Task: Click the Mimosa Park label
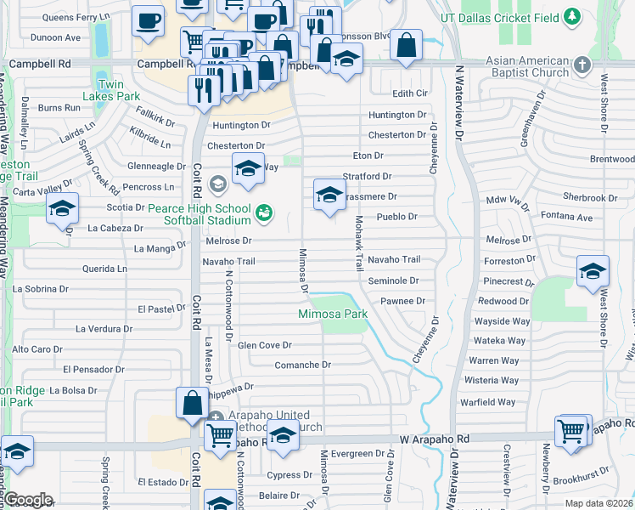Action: point(333,314)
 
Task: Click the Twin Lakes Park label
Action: point(118,90)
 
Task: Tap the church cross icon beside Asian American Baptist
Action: point(582,65)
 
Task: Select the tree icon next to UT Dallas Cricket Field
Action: point(574,17)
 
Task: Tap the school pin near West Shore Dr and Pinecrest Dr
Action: point(592,271)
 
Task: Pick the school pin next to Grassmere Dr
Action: point(329,195)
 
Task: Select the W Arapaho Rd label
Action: point(435,439)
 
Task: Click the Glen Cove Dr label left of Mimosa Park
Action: point(264,345)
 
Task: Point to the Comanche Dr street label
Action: point(302,365)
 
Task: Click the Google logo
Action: point(27,500)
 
